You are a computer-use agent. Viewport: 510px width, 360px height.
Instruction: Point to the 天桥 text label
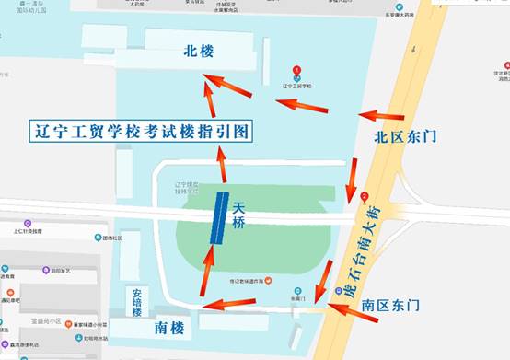[239, 216]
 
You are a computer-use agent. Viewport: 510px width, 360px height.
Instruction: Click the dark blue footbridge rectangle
[219, 218]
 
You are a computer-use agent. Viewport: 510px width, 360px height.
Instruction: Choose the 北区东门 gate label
[405, 137]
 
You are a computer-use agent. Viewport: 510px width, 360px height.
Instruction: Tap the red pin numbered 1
[296, 71]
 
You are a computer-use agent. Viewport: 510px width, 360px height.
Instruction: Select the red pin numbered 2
[365, 196]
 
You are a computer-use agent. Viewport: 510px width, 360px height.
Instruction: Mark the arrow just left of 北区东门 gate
[380, 115]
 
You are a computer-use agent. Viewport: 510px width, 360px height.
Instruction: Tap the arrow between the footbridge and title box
[221, 163]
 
